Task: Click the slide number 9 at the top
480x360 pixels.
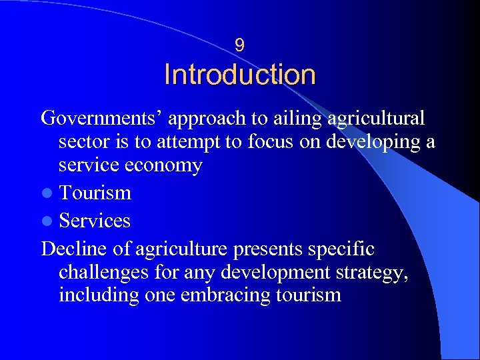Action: (x=240, y=45)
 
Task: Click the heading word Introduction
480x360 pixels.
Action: (x=240, y=75)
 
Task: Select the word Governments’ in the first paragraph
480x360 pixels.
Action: (x=103, y=119)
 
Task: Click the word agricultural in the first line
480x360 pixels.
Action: (x=377, y=119)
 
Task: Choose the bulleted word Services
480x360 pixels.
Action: (x=95, y=221)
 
